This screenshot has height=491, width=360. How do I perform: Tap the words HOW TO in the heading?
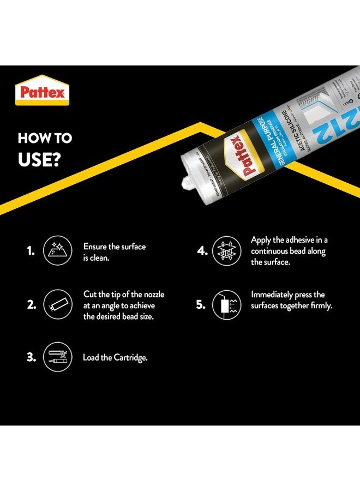[x=45, y=138]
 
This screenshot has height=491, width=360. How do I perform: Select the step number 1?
[x=31, y=252]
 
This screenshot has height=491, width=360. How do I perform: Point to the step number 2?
[x=31, y=305]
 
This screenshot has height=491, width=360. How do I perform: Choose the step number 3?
[x=31, y=357]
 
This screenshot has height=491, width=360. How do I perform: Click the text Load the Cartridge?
[x=115, y=358]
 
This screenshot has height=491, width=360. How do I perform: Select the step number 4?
[x=202, y=251]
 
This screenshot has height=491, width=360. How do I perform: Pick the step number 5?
[x=201, y=304]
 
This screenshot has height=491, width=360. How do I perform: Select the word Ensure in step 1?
[x=95, y=247]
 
